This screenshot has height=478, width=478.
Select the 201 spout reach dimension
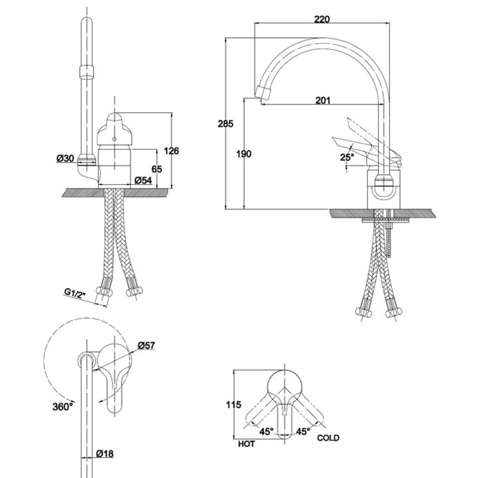coord(323,100)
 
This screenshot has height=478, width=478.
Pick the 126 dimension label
coord(172,150)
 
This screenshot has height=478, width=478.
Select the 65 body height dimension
coord(157,168)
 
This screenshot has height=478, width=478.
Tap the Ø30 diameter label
coord(66,158)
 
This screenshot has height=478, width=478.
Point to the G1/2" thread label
coord(76,294)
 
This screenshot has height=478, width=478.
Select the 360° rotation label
coord(63,406)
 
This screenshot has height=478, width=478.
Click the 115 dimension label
coord(234,405)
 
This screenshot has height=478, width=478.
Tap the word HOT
coord(247,443)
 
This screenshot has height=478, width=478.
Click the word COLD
coord(328,438)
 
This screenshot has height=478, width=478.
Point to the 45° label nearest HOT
coord(266,431)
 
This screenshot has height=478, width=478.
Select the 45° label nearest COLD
coord(303,431)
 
